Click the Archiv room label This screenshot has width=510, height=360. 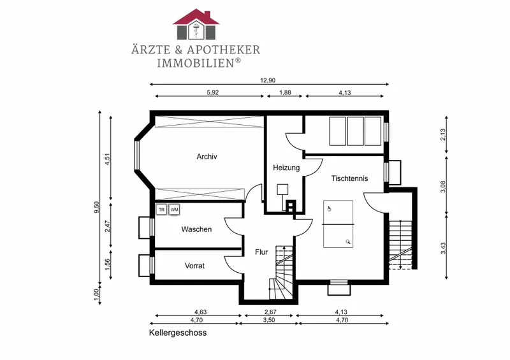[207, 156]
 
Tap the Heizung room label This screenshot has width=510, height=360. [286, 168]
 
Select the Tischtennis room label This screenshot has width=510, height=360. [349, 178]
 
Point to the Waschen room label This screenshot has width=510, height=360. [196, 229]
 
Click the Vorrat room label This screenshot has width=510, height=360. [194, 266]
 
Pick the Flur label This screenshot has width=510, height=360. [261, 252]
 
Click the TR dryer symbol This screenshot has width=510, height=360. [162, 210]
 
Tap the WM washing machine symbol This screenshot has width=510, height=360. [174, 210]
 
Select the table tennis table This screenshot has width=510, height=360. [338, 224]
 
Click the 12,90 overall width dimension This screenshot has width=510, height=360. [268, 81]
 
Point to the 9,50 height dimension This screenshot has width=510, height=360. [96, 207]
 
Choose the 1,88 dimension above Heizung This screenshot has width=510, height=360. [285, 92]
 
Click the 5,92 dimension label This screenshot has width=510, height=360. [213, 92]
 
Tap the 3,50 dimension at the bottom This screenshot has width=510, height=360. [268, 320]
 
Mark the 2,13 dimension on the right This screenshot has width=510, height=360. [442, 134]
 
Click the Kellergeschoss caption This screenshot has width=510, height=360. [178, 333]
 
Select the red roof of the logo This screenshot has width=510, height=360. [196, 17]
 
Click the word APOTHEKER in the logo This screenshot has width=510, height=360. [223, 50]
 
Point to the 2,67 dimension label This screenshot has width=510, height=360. [270, 312]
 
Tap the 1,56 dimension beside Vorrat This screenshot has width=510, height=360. [108, 264]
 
